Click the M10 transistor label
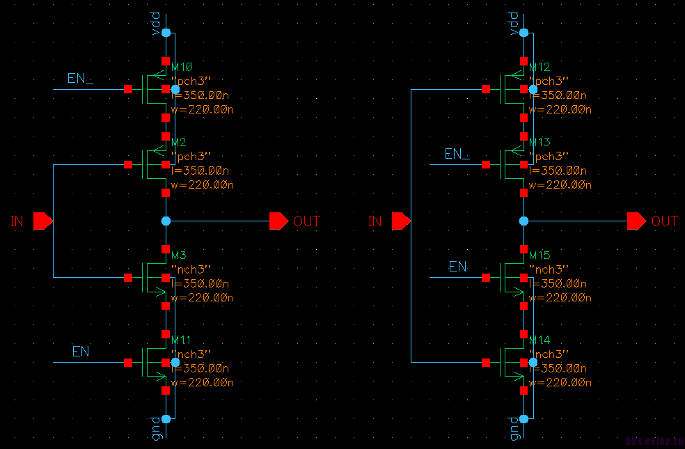pos(181,67)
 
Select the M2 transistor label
pos(178,142)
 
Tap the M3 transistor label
pos(178,255)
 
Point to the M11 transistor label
pos(181,340)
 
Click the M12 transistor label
pos(540,67)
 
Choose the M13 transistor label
pos(540,142)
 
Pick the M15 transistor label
pos(540,255)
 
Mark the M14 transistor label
pos(540,340)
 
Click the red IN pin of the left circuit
pos(42,221)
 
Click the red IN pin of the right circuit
pos(400,221)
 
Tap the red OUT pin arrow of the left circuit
pos(279,221)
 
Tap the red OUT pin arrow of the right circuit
pos(637,221)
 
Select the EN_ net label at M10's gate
pos(80,78)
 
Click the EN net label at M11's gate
pos(81,352)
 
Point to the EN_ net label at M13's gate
pos(457,154)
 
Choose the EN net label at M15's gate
pos(457,267)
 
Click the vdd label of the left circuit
pos(156,21)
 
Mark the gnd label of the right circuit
pos(514,428)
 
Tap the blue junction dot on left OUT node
pos(166,221)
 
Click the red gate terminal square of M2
pos(128,165)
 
